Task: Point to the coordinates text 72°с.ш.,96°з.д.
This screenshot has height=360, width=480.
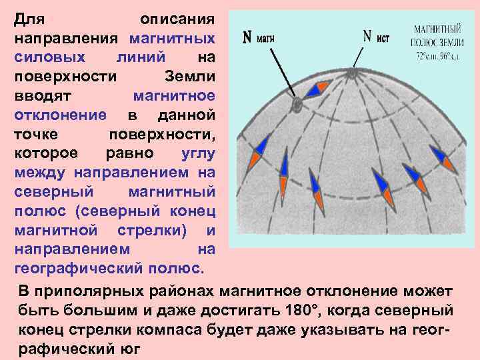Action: [x=438, y=56]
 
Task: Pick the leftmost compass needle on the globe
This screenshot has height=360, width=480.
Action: [x=259, y=152]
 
